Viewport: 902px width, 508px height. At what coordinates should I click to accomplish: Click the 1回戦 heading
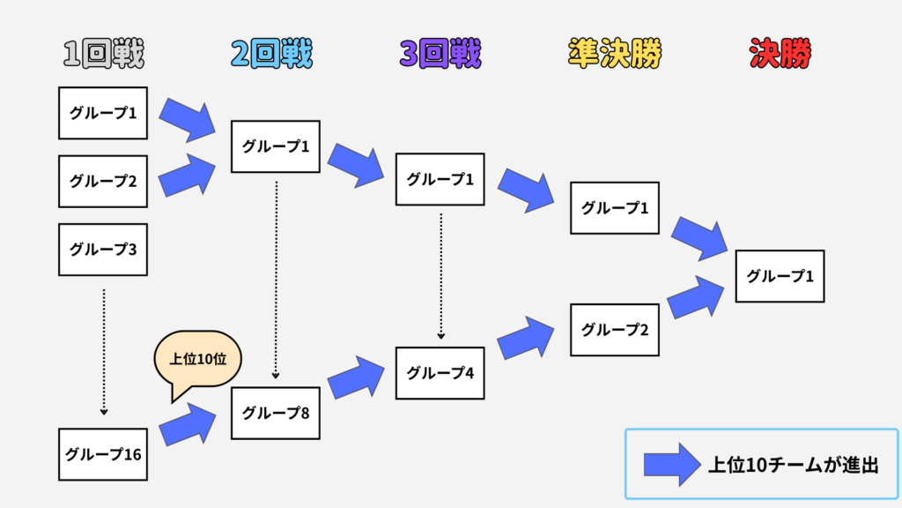point(103,55)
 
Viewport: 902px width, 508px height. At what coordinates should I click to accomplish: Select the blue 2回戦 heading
point(271,55)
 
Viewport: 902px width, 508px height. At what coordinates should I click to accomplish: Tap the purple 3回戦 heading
point(440,55)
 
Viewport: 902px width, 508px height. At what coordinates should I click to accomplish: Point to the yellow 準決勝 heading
point(614,55)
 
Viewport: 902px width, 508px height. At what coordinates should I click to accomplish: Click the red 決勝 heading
point(780,55)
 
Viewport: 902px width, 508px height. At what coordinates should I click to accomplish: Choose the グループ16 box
point(103,454)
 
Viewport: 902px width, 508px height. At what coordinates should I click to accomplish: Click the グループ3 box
point(103,250)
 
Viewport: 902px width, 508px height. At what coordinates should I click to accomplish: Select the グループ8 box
point(275,413)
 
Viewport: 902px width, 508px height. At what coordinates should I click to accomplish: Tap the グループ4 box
point(440,373)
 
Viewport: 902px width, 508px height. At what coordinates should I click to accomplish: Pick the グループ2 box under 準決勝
point(614,330)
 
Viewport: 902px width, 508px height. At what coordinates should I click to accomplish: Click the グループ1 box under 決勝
point(780,276)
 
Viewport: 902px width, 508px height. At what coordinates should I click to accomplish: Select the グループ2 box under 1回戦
point(103,182)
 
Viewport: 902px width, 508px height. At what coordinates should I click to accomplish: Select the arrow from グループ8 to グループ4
point(358,377)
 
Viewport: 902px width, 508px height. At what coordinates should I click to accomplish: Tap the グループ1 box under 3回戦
point(440,179)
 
